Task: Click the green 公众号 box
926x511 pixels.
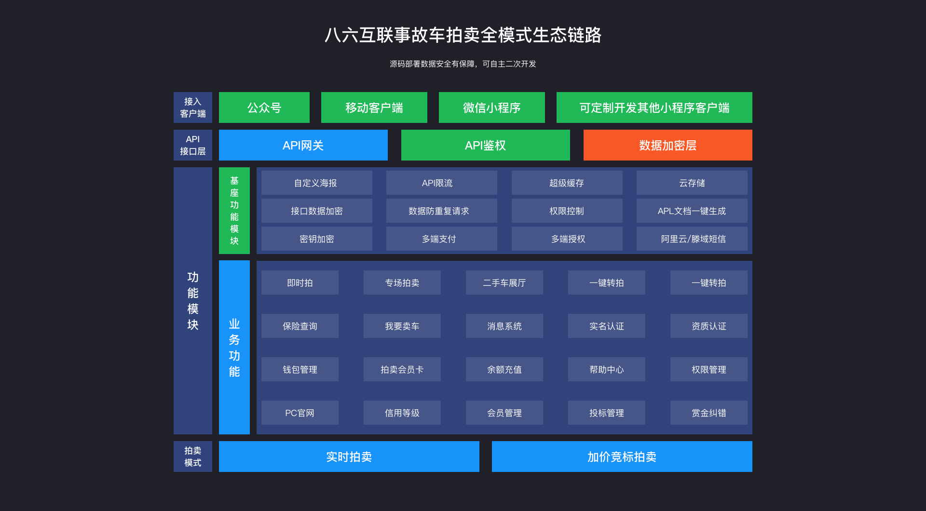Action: pos(264,108)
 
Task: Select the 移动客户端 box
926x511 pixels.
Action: pos(374,108)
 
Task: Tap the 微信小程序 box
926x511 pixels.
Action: pos(491,108)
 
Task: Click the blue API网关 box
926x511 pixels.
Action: pos(303,145)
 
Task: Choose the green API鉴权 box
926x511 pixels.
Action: pos(485,145)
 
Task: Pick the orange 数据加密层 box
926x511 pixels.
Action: pos(667,145)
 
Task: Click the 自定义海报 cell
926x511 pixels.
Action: pos(316,183)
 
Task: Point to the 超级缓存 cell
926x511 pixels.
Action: pos(567,183)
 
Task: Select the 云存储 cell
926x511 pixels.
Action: pos(692,183)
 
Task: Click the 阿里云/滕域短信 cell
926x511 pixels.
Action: pos(692,239)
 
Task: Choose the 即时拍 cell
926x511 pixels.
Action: pos(300,282)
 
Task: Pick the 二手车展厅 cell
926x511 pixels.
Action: pos(504,282)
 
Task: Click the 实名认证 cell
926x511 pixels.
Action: pos(606,326)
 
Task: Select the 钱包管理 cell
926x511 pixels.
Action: pos(300,369)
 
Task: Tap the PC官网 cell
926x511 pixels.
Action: pos(300,413)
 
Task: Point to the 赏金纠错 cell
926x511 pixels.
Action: pos(708,413)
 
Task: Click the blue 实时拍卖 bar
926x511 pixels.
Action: pos(349,457)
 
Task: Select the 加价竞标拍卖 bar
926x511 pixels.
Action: pos(622,457)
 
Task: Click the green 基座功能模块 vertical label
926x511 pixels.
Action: pos(234,210)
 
